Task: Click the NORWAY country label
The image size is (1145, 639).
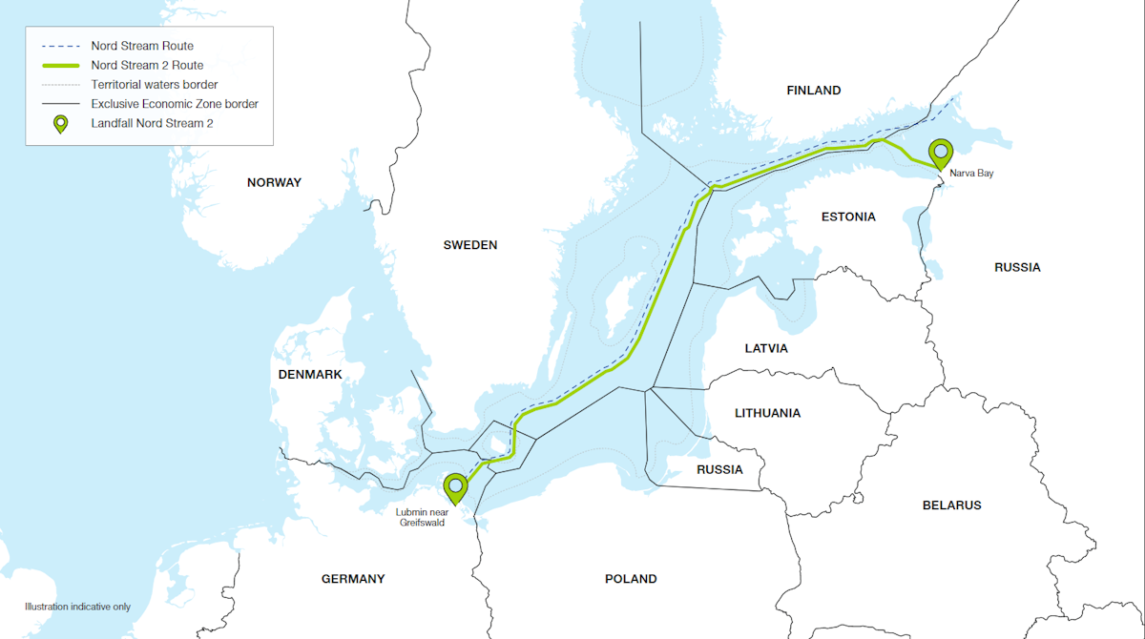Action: [x=274, y=182]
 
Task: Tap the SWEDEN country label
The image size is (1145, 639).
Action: [x=469, y=245]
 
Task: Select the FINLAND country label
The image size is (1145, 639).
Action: [x=813, y=91]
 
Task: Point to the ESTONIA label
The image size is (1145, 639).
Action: [x=847, y=216]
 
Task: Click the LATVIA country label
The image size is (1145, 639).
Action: [x=766, y=348]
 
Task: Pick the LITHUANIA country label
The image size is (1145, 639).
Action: [x=767, y=413]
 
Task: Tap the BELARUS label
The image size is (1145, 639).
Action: [x=951, y=505]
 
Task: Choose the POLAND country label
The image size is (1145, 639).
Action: [x=631, y=579]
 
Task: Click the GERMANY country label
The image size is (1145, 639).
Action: [x=353, y=579]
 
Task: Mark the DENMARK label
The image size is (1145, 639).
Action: [x=310, y=375]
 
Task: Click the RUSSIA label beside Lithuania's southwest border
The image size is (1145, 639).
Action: [x=719, y=469]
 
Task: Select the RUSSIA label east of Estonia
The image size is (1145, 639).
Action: [x=1017, y=267]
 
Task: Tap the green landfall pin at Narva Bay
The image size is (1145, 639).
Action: [x=942, y=153]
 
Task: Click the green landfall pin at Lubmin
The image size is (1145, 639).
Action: [x=456, y=487]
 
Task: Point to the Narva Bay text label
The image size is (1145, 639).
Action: [x=971, y=174]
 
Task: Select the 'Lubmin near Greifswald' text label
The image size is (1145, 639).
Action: [x=420, y=518]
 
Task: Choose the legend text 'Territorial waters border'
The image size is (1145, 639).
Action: [x=155, y=85]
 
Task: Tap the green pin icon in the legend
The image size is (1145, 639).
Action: [x=60, y=124]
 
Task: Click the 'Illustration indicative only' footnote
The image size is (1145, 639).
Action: [x=77, y=607]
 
